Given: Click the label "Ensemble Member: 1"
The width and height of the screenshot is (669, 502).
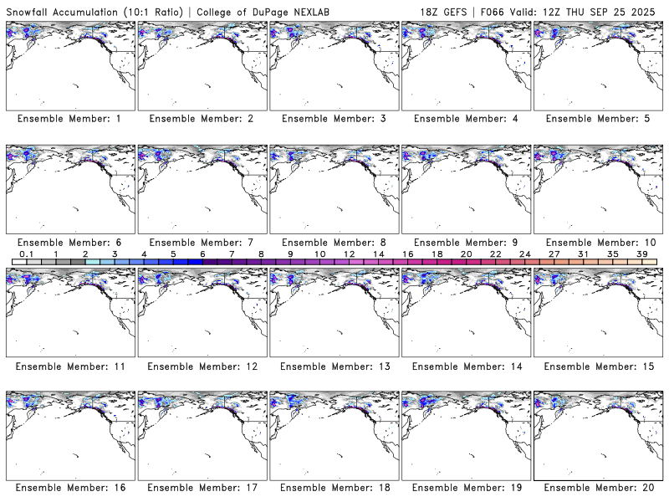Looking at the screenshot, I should (x=69, y=119).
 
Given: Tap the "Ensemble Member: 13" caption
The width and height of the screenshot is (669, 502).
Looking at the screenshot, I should (x=333, y=366).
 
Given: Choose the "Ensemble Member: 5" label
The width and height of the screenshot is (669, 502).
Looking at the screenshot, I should (x=597, y=119).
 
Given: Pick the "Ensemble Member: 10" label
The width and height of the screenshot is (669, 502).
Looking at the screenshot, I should (x=597, y=243).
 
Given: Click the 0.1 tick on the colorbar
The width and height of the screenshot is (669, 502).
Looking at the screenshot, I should (x=26, y=254).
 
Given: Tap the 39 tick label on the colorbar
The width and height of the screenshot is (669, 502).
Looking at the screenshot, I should (x=642, y=254).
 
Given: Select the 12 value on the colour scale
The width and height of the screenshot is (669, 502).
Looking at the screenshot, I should (x=349, y=254).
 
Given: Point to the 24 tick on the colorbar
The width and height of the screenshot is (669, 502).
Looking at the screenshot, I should (x=524, y=254).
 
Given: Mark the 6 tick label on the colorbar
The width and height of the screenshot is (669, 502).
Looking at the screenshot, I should (x=202, y=254).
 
